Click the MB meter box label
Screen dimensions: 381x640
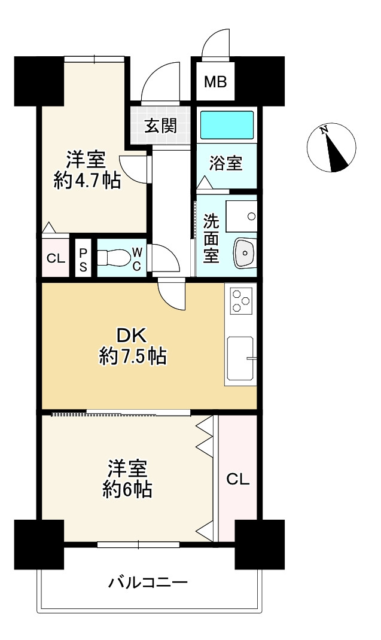[x=215, y=82]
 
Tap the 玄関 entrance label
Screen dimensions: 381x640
[x=161, y=125]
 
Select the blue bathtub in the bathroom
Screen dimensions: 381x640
[x=227, y=125]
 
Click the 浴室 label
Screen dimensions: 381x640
[x=226, y=163]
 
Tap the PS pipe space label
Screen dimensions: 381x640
[x=83, y=260]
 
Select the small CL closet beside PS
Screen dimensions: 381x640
[x=56, y=258]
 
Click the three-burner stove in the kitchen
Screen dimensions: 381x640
[x=241, y=300]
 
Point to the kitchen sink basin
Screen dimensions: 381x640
[x=240, y=358]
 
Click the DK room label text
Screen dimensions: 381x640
[x=132, y=336]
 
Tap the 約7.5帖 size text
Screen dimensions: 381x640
[x=133, y=357]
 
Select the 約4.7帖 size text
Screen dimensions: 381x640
[x=87, y=180]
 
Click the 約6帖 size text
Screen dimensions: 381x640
[x=127, y=489]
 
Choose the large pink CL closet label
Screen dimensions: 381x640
[x=237, y=480]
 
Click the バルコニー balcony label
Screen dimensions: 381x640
[x=148, y=582]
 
